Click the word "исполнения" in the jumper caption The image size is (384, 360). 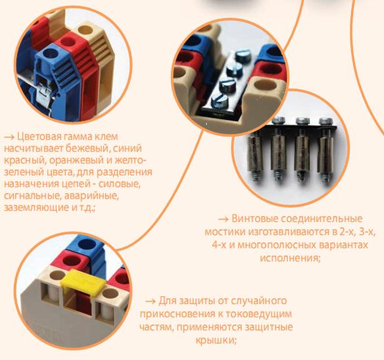pos(290,258)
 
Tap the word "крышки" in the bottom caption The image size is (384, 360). pos(216,340)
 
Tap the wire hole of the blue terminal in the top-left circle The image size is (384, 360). pos(50,53)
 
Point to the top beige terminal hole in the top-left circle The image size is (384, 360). pos(85,30)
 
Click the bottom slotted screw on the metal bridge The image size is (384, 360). pos(220,100)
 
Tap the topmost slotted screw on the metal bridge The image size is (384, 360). pos(243,56)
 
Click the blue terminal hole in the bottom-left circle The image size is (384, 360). pos(86,244)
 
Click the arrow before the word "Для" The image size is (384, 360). pos(150,301)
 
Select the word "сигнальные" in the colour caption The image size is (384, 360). pos(32,196)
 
